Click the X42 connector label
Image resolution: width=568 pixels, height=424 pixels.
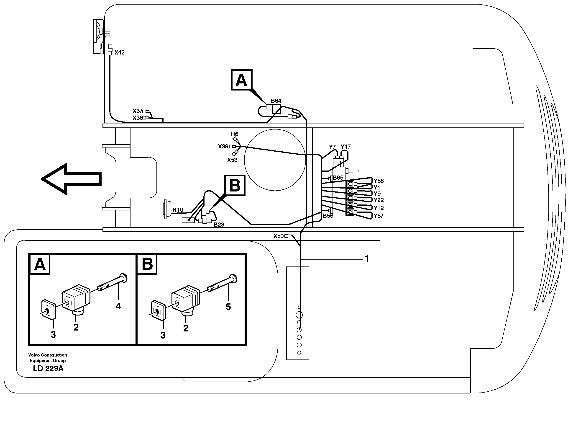(x=119, y=53)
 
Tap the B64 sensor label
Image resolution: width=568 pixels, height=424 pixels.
(x=276, y=101)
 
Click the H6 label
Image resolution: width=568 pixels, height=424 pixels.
(x=234, y=134)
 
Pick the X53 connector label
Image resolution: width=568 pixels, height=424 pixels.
(x=232, y=160)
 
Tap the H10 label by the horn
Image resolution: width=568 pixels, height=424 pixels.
(x=178, y=210)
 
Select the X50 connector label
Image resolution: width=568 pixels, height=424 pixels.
(x=279, y=236)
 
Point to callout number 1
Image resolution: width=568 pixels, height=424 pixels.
(x=367, y=259)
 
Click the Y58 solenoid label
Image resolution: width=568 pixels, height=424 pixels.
(x=379, y=181)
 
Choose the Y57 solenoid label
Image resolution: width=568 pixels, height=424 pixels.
(x=378, y=216)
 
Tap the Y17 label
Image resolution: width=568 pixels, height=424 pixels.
(x=345, y=147)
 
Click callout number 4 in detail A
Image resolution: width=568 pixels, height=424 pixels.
(x=118, y=306)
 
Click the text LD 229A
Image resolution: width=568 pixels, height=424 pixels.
(x=48, y=368)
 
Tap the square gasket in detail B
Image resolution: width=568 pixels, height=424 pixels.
(x=158, y=310)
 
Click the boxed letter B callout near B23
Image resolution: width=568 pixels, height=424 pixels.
(x=235, y=185)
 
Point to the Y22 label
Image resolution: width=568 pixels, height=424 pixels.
(x=379, y=200)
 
